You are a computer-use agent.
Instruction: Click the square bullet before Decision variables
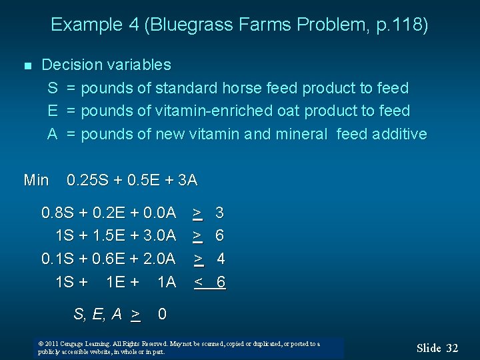[x=27, y=66]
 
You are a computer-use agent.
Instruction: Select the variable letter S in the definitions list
[x=52, y=88]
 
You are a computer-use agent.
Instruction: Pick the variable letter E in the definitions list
[x=52, y=111]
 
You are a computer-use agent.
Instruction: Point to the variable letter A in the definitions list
[x=52, y=134]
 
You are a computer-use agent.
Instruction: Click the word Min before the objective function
[x=36, y=180]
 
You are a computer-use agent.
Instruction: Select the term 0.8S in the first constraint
[x=58, y=213]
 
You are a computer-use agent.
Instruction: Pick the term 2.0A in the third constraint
[x=160, y=259]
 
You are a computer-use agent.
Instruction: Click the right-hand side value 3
[x=219, y=213]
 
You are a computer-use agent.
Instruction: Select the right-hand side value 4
[x=221, y=259]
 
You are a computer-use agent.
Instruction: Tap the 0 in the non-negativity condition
[x=162, y=313]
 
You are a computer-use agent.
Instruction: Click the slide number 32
[x=452, y=348]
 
